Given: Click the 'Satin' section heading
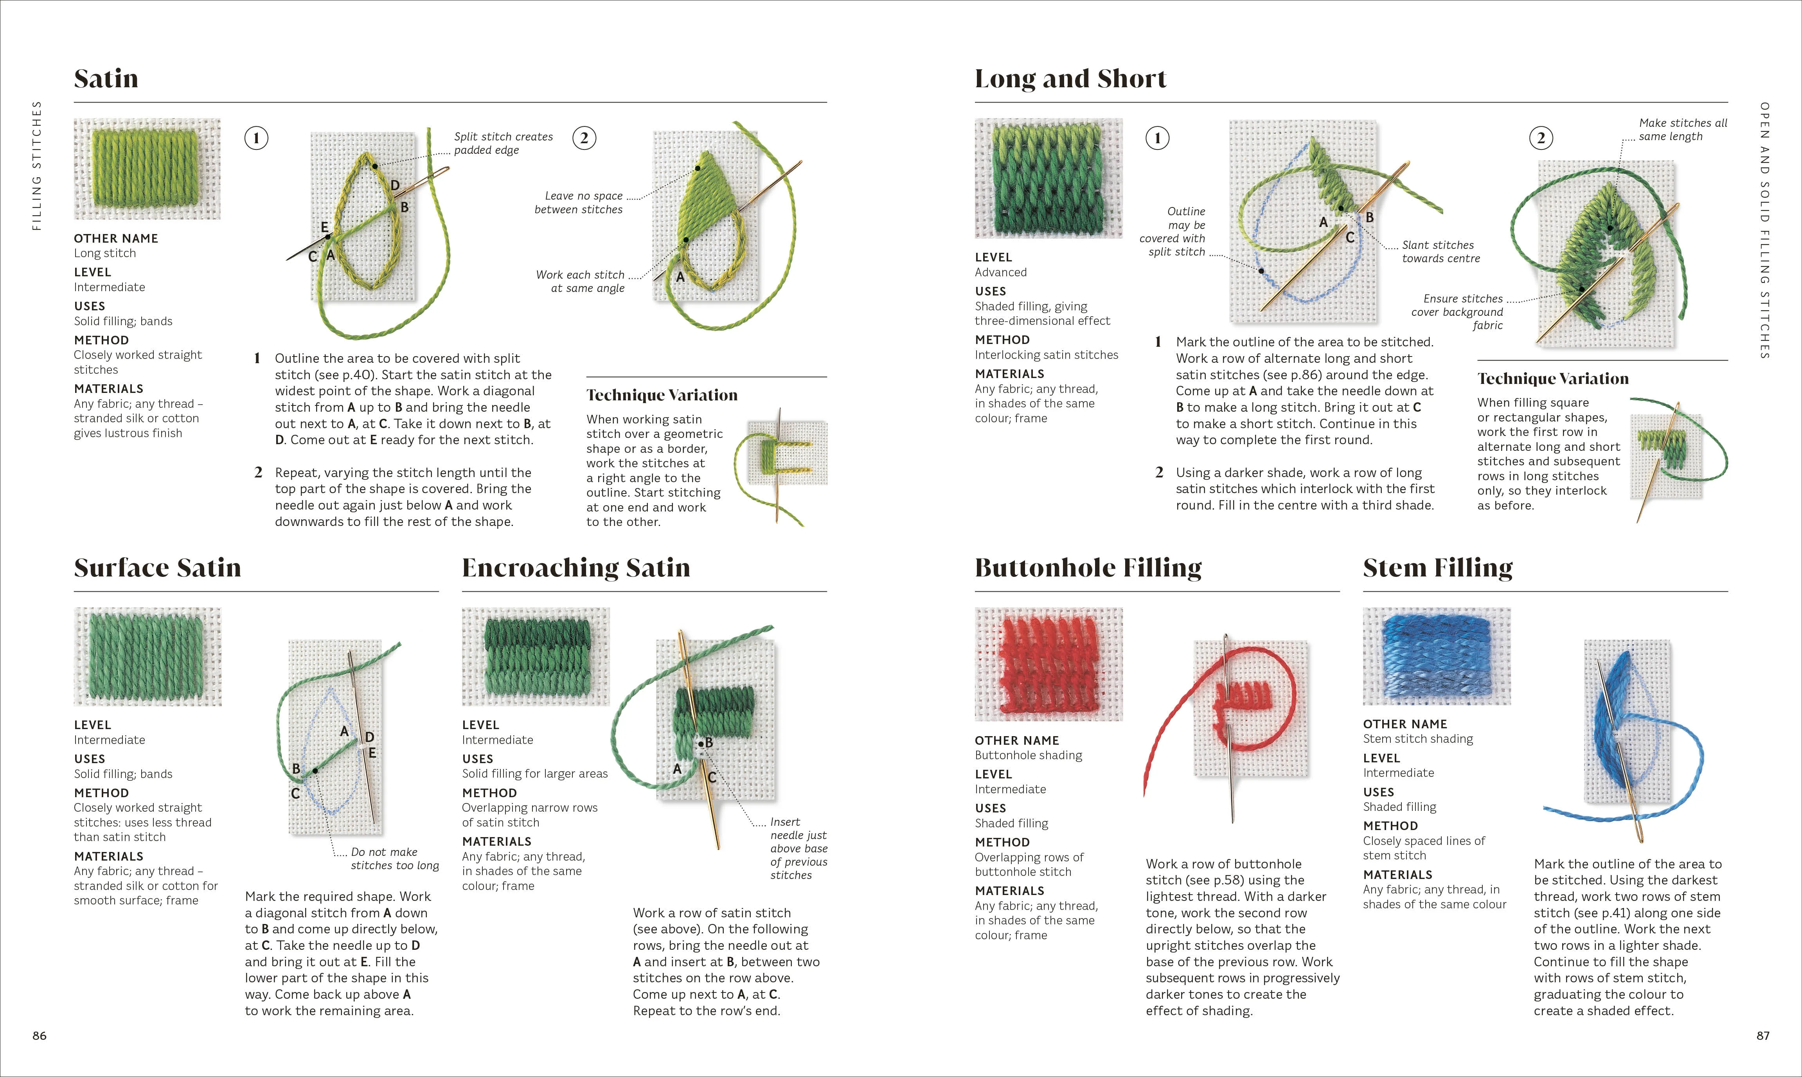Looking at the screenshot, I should click(x=106, y=78).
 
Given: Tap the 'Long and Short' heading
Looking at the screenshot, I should click(x=1070, y=78).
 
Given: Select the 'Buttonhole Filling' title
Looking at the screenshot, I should click(x=1088, y=567).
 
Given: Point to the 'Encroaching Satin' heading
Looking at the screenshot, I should click(x=575, y=567).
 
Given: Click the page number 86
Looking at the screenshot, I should click(x=39, y=1036).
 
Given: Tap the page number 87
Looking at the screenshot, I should click(x=1763, y=1036).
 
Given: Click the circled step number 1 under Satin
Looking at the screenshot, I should click(x=256, y=138).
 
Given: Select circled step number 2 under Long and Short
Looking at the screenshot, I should click(x=1541, y=138).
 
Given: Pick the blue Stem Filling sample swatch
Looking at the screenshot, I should click(x=1436, y=656).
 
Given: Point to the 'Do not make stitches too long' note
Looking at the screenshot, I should click(x=395, y=859).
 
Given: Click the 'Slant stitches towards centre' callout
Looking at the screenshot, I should click(x=1440, y=252).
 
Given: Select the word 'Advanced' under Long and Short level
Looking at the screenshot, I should click(x=1000, y=272).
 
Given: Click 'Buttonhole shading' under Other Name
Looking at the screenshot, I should click(x=1028, y=755).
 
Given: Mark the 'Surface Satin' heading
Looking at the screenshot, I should click(x=157, y=567).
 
